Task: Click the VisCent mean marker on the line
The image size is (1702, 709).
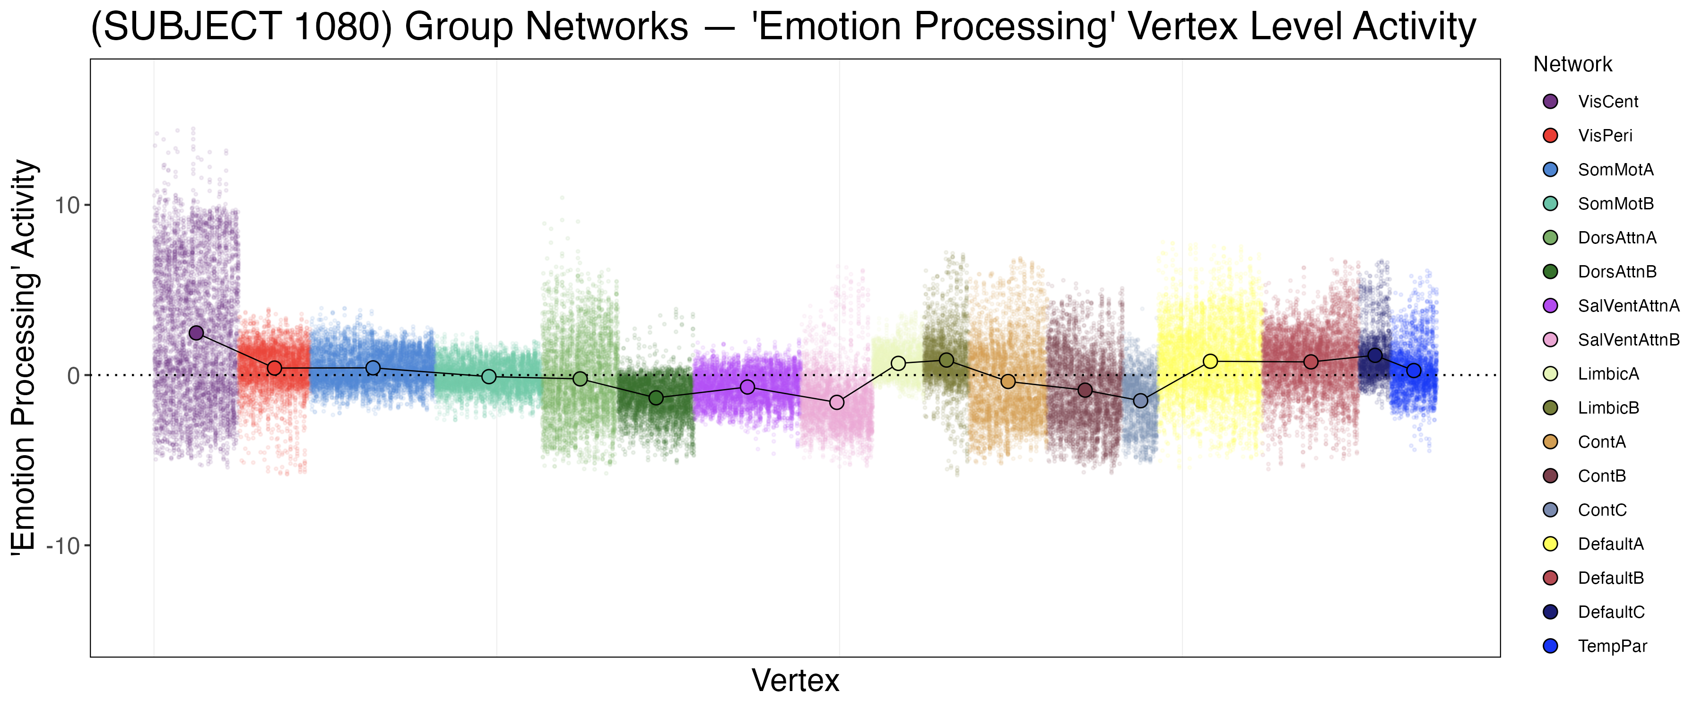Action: pyautogui.click(x=196, y=333)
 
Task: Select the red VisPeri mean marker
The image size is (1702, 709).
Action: pyautogui.click(x=275, y=368)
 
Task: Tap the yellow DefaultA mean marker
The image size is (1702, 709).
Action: pyautogui.click(x=1210, y=362)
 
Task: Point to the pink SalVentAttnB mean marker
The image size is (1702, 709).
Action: pyautogui.click(x=836, y=402)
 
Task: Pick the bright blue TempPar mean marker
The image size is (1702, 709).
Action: pyautogui.click(x=1414, y=371)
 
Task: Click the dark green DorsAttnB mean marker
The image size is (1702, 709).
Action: pyautogui.click(x=656, y=398)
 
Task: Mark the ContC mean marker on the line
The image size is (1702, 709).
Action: pyautogui.click(x=1141, y=401)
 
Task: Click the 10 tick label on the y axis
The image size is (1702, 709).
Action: pyautogui.click(x=67, y=206)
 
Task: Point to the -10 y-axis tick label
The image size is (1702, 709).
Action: pyautogui.click(x=63, y=546)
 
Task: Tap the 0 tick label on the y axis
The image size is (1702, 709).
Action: pyautogui.click(x=73, y=376)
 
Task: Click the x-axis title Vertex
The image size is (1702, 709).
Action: pyautogui.click(x=796, y=681)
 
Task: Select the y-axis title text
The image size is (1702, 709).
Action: pyautogui.click(x=25, y=357)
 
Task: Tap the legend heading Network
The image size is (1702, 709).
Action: pyautogui.click(x=1572, y=65)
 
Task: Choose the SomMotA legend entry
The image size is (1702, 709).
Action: pyautogui.click(x=1615, y=170)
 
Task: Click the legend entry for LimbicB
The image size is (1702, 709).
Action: pyautogui.click(x=1608, y=408)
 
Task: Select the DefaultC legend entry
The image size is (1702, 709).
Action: pyautogui.click(x=1611, y=612)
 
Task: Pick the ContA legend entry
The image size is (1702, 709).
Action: pyautogui.click(x=1602, y=442)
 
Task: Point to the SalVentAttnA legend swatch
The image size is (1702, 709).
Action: pyautogui.click(x=1550, y=306)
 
